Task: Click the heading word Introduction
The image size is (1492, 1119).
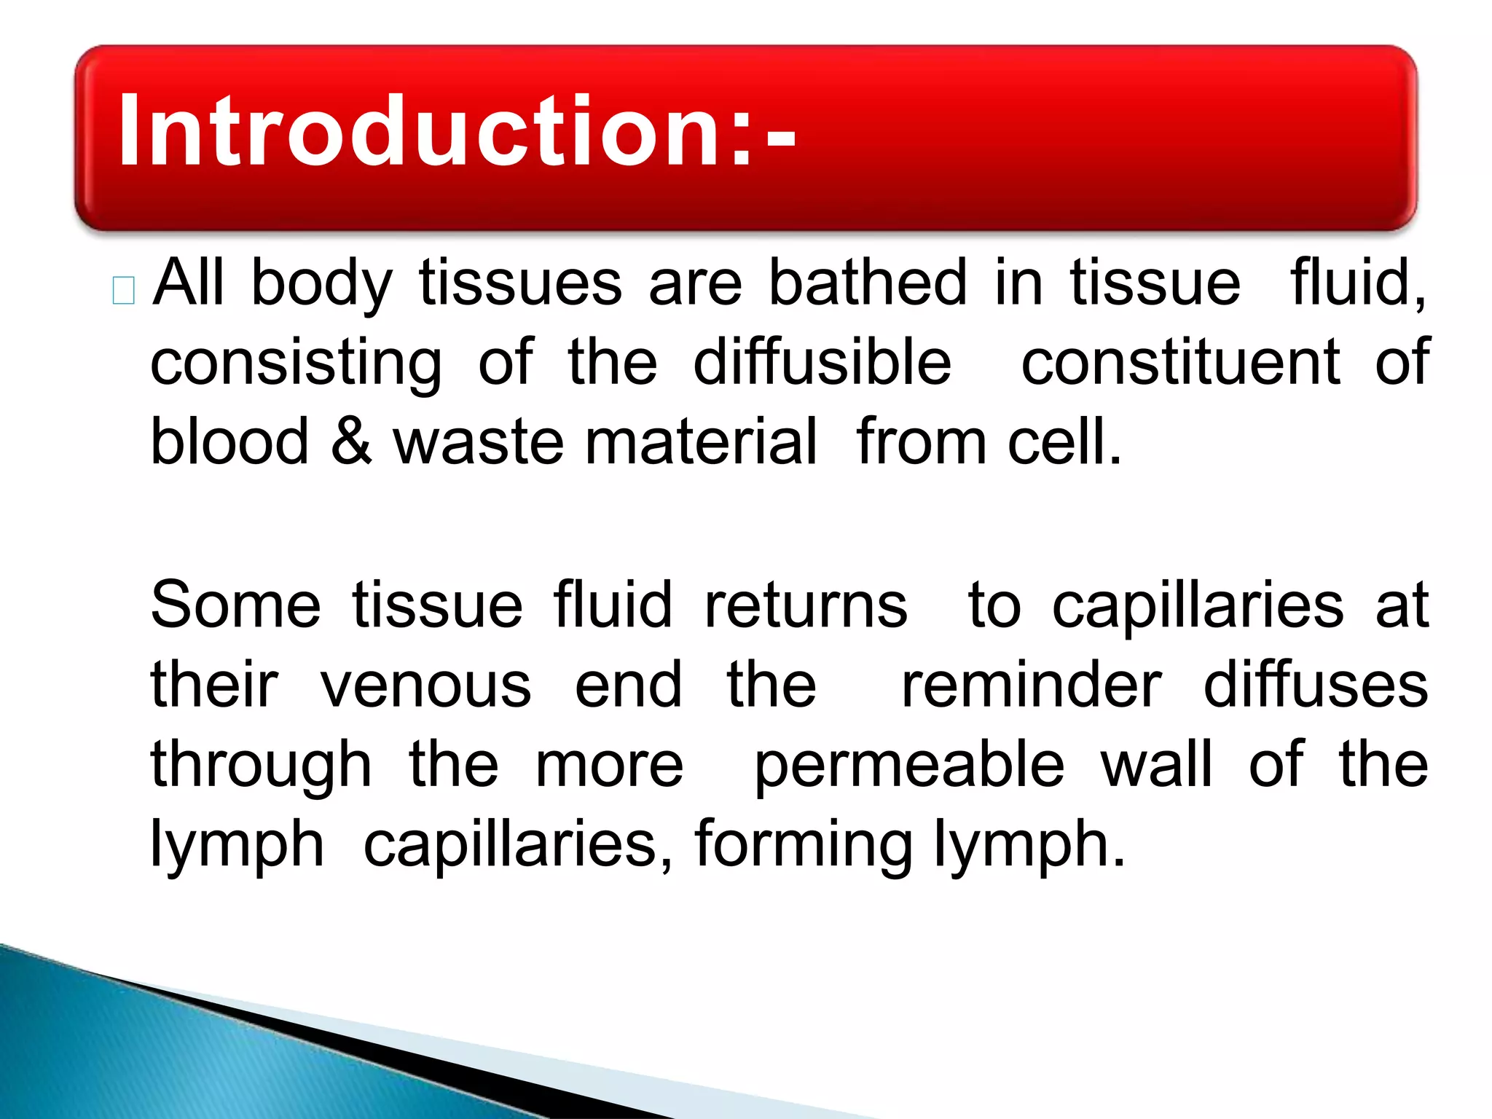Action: coord(433,131)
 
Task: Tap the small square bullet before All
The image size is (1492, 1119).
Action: coord(124,291)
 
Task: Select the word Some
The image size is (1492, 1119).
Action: coord(235,605)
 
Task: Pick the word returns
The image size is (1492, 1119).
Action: coord(806,605)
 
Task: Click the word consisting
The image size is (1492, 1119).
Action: coord(296,364)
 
